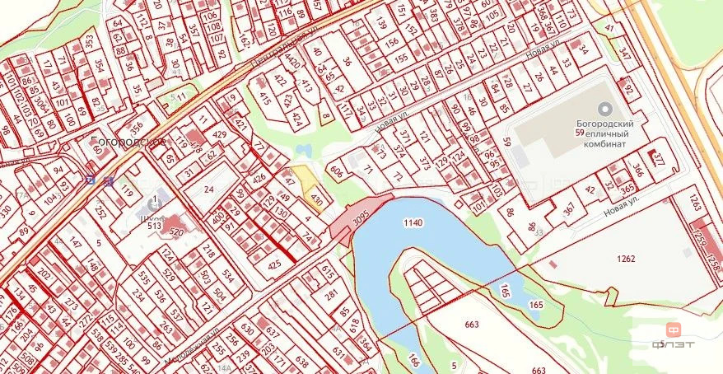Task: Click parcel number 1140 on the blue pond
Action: tap(413, 223)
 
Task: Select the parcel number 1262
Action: tap(626, 259)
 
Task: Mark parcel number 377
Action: tap(659, 159)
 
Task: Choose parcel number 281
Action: tap(332, 294)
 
